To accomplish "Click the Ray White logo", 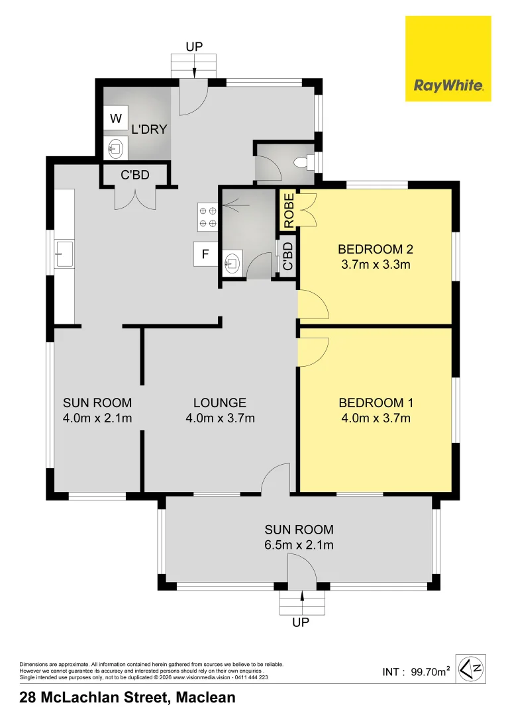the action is (448, 58).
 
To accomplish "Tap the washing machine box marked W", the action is (116, 119).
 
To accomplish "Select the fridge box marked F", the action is (205, 254).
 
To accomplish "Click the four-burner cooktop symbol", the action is (207, 217).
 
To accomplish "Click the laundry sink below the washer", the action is (115, 148).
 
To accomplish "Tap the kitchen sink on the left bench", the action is (64, 254).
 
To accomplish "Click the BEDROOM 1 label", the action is (376, 403).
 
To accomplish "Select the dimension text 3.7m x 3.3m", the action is (376, 264).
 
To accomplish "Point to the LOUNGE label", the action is (220, 403).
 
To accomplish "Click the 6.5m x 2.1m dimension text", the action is (299, 545).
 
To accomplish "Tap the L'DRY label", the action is (149, 130).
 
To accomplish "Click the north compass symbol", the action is (472, 669).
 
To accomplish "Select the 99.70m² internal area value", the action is (430, 671).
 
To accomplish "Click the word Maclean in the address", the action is (206, 698).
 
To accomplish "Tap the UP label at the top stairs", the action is (194, 46).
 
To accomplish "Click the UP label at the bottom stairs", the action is (301, 622).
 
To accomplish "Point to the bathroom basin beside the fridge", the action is (232, 263).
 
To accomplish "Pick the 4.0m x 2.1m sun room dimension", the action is (97, 418).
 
